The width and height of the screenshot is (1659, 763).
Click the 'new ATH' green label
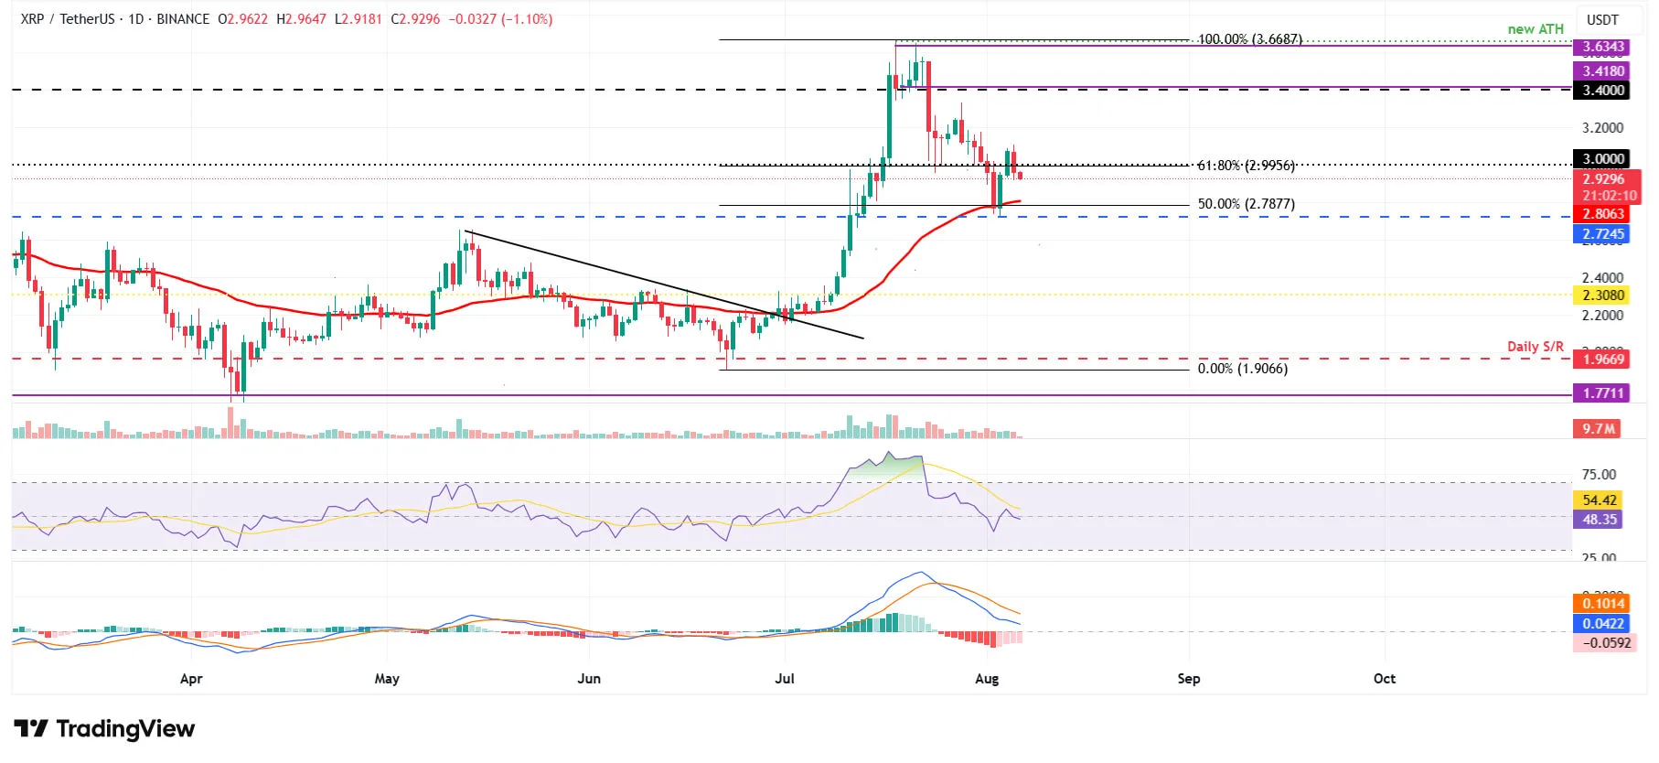1536,29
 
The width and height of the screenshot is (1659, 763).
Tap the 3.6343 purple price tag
1603,47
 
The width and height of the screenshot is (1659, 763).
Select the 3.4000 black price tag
1603,91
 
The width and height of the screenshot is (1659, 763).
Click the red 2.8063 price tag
1603,214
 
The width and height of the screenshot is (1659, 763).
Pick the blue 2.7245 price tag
1603,234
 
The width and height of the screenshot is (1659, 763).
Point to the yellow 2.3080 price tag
1603,296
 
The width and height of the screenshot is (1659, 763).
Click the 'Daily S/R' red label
1536,347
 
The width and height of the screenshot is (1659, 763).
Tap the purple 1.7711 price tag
1603,393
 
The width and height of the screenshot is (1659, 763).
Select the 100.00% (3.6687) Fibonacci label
1249,39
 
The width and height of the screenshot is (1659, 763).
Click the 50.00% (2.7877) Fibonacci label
1246,204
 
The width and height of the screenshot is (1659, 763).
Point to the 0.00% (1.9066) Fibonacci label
1242,369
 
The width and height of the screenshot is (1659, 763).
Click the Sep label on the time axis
1188,679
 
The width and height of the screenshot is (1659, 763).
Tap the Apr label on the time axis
191,679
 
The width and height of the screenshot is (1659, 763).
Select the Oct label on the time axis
1385,679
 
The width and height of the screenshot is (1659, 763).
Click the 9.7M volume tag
1599,429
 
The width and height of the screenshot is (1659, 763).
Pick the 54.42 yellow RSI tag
1600,500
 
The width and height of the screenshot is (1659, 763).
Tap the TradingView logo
104,729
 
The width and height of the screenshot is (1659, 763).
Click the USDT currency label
1602,20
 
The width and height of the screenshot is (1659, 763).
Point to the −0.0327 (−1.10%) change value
500,19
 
